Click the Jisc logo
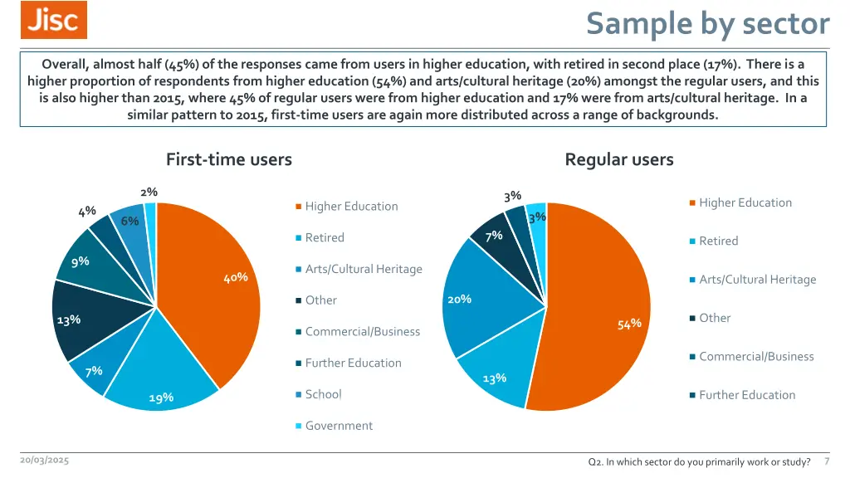coord(54,20)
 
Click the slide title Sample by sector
coord(707,23)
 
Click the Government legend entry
coord(339,426)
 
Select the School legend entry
coord(323,394)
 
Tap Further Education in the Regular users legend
coord(747,395)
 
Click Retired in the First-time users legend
coord(325,237)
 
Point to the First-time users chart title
coord(229,159)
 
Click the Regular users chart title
coord(619,159)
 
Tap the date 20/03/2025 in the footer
coord(45,461)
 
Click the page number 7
coord(827,461)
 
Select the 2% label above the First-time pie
coord(149,192)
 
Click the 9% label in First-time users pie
coord(81,261)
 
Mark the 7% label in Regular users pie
coord(494,236)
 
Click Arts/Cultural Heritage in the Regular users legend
coord(758,280)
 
